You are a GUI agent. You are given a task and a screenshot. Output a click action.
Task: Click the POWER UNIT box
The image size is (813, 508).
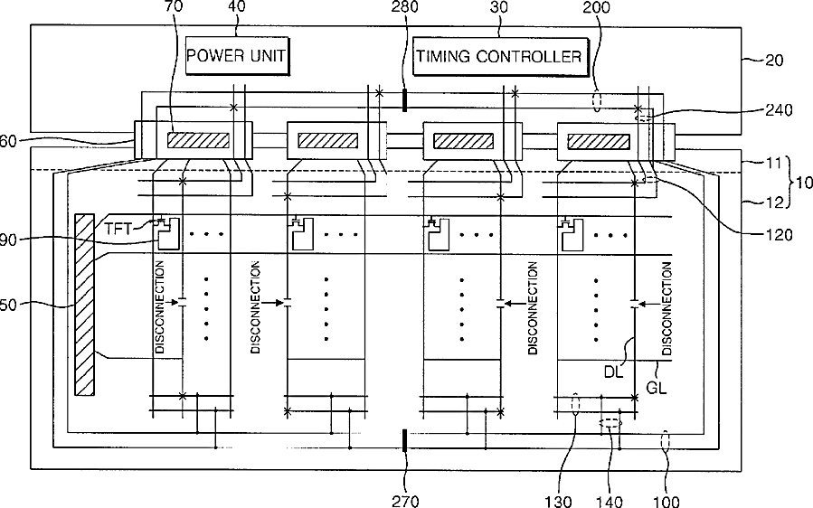(x=236, y=57)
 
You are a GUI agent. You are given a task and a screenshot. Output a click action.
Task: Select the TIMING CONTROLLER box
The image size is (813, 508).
(x=498, y=57)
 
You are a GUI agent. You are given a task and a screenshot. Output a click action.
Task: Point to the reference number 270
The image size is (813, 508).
(x=404, y=498)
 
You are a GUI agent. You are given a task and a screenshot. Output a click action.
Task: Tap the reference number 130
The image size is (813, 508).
(x=576, y=498)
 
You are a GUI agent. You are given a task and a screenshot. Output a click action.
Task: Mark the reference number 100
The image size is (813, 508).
(x=667, y=498)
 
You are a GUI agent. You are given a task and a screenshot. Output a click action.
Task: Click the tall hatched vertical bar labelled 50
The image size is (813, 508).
(x=85, y=304)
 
